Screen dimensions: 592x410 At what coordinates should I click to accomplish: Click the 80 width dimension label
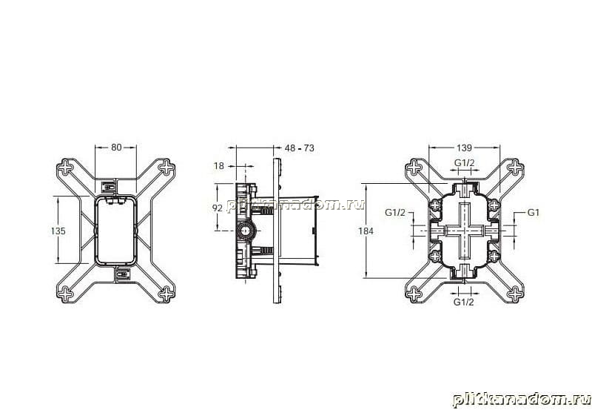[116, 147]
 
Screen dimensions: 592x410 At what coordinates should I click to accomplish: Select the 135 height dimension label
[58, 231]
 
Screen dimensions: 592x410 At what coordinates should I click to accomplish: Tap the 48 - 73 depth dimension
[300, 148]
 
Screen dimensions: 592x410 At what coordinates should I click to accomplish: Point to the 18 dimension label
[218, 165]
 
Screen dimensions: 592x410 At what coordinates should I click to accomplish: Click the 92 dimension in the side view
[217, 208]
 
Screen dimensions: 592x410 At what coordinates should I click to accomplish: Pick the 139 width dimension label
[464, 148]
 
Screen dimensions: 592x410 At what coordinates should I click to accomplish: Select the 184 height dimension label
[366, 231]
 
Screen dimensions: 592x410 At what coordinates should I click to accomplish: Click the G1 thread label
[533, 213]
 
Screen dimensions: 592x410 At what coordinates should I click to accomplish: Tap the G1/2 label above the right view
[464, 163]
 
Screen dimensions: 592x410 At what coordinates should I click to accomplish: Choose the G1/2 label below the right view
[464, 302]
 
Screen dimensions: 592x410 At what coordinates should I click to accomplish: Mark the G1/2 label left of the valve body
[395, 213]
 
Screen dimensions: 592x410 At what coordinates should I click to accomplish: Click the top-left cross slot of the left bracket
[67, 167]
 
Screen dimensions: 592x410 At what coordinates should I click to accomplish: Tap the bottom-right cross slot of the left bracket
[166, 294]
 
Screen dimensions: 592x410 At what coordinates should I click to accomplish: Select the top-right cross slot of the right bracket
[514, 167]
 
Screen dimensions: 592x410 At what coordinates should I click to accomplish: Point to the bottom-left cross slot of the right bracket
[414, 294]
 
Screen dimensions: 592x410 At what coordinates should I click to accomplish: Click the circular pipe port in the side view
[246, 231]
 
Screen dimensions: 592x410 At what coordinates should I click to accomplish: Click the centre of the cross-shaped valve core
[465, 231]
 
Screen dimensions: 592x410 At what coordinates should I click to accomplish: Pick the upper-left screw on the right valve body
[435, 205]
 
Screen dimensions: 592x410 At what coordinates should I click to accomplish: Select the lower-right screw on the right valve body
[494, 256]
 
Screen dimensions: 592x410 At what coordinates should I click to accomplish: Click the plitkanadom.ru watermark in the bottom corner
[522, 400]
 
